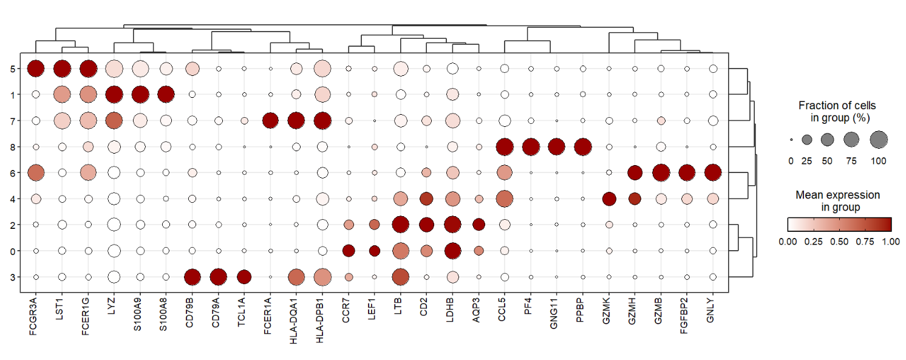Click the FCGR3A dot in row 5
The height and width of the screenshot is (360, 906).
tap(36, 69)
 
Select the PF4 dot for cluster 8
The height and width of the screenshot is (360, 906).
tap(531, 147)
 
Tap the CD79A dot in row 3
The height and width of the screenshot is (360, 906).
tap(218, 277)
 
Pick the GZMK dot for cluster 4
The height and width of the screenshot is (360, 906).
tap(609, 199)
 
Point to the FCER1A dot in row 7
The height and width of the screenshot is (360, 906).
tap(270, 121)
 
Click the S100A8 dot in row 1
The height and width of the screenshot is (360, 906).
tap(166, 95)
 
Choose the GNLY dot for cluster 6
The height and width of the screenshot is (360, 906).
tap(713, 173)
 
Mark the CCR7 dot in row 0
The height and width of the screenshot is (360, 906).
tap(349, 251)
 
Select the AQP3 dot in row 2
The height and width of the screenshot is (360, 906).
tap(479, 225)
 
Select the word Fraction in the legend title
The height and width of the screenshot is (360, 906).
tap(816, 106)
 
